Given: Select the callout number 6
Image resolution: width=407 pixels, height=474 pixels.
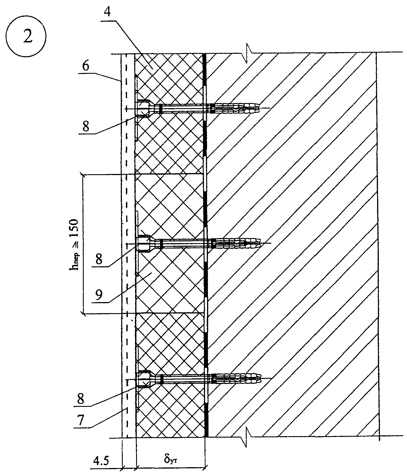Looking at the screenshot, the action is [85, 66].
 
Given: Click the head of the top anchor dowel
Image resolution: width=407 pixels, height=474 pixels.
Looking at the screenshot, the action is [144, 108].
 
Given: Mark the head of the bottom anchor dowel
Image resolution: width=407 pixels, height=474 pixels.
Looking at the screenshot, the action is [145, 379].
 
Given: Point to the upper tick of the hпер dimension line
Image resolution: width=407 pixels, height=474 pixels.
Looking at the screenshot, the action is [83, 174].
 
